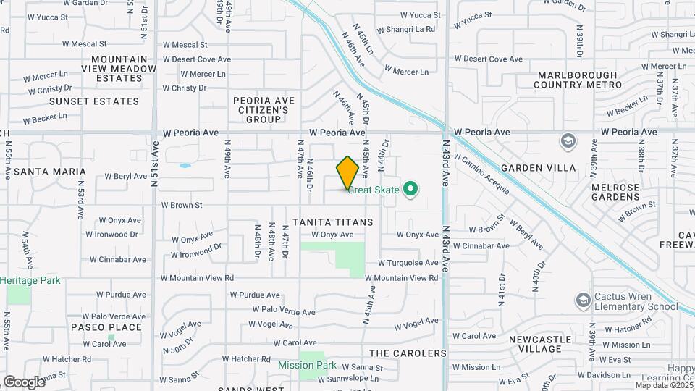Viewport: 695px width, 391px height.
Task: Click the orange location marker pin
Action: coord(347,172)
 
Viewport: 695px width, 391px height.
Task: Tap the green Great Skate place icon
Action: coord(410,190)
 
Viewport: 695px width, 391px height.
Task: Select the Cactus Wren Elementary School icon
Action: coord(583,300)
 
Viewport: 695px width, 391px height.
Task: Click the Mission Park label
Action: coord(307,366)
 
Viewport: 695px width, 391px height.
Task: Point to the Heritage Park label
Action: coord(30,280)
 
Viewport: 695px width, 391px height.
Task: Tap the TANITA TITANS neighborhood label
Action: coord(333,222)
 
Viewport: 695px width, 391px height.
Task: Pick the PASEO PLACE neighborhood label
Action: coord(106,327)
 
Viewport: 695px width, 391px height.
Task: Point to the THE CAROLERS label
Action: coord(408,353)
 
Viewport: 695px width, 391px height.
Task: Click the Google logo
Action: coord(24,382)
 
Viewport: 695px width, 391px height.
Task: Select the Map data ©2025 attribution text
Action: coord(664,385)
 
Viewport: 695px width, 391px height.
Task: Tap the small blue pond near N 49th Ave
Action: coord(185,166)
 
